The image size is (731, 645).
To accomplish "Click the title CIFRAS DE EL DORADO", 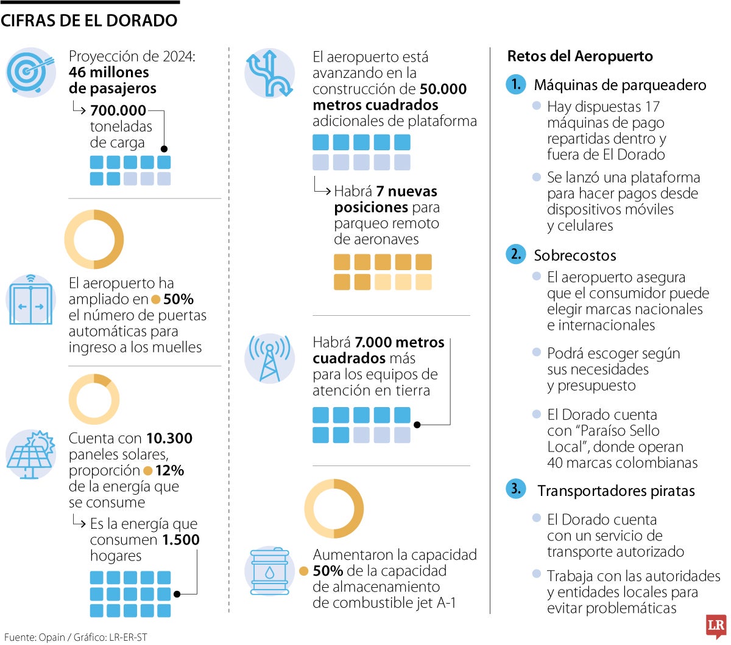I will tap(89, 20).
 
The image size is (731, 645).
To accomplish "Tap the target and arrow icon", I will tap(30, 72).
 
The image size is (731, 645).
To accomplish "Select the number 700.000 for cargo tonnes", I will tap(118, 110).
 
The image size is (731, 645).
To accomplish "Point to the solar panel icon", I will tap(30, 455).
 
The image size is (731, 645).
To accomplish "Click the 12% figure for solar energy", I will tap(169, 470).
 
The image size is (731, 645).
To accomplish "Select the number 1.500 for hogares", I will tap(181, 540).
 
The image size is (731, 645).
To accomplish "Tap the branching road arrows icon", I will tap(269, 74).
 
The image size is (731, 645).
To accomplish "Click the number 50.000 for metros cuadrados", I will tap(443, 89).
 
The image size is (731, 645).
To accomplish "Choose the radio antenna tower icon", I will tap(269, 358).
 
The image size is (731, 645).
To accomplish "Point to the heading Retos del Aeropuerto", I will tap(580, 57).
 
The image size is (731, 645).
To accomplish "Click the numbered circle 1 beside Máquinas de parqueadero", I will tap(515, 84).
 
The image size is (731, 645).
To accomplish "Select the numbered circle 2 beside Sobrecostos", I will tap(515, 254).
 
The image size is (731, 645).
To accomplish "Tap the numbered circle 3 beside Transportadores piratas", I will tap(515, 489).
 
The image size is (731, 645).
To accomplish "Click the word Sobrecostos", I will tap(575, 256).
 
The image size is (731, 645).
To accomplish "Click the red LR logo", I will tap(716, 626).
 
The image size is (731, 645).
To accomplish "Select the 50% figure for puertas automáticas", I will tap(178, 299).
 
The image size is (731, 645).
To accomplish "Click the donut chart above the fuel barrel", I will tap(334, 509).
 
